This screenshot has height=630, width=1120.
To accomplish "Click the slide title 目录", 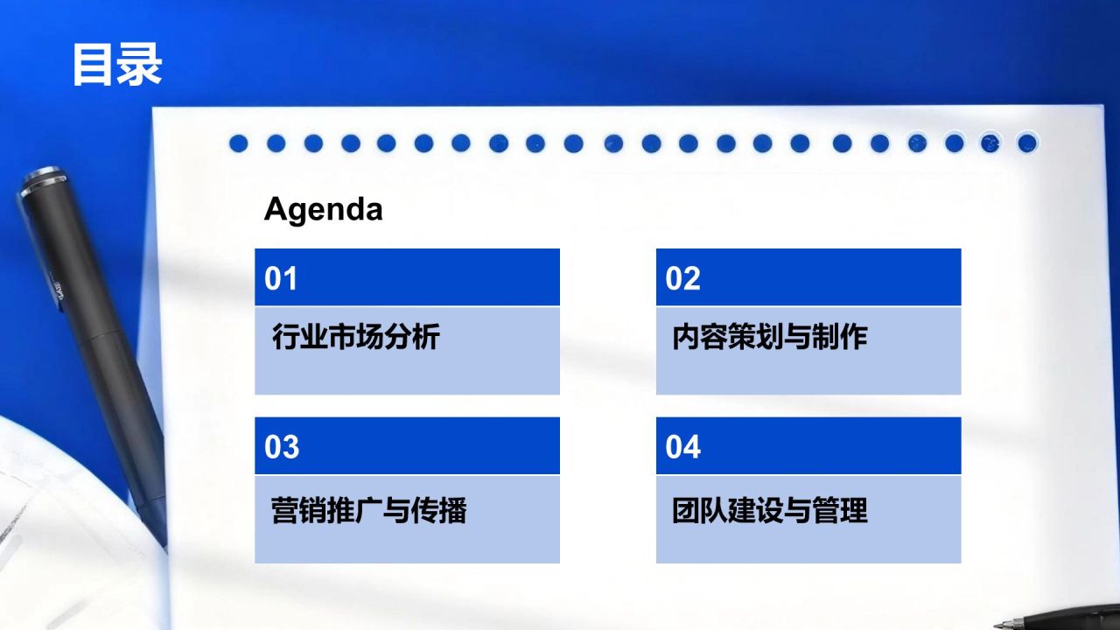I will (116, 64).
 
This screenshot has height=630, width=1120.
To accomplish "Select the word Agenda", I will (323, 210).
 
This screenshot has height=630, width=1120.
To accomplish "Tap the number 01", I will (281, 278).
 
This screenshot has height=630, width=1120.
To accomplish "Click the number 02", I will (682, 278).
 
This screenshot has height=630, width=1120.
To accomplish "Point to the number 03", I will (282, 447).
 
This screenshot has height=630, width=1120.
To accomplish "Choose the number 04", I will (682, 447).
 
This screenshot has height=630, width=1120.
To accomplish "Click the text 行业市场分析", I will (355, 337).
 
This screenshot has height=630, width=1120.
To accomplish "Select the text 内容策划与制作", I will (769, 337).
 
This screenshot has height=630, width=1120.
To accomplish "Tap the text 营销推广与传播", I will (368, 510).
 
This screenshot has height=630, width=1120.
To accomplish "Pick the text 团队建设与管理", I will (769, 510).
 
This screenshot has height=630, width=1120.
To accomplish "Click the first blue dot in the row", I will (239, 143).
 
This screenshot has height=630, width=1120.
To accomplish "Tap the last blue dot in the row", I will (1027, 143).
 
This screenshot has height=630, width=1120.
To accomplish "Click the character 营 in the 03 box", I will (285, 510).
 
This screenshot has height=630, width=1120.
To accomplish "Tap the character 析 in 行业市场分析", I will (425, 337).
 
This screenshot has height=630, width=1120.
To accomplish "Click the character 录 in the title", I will (140, 64).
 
